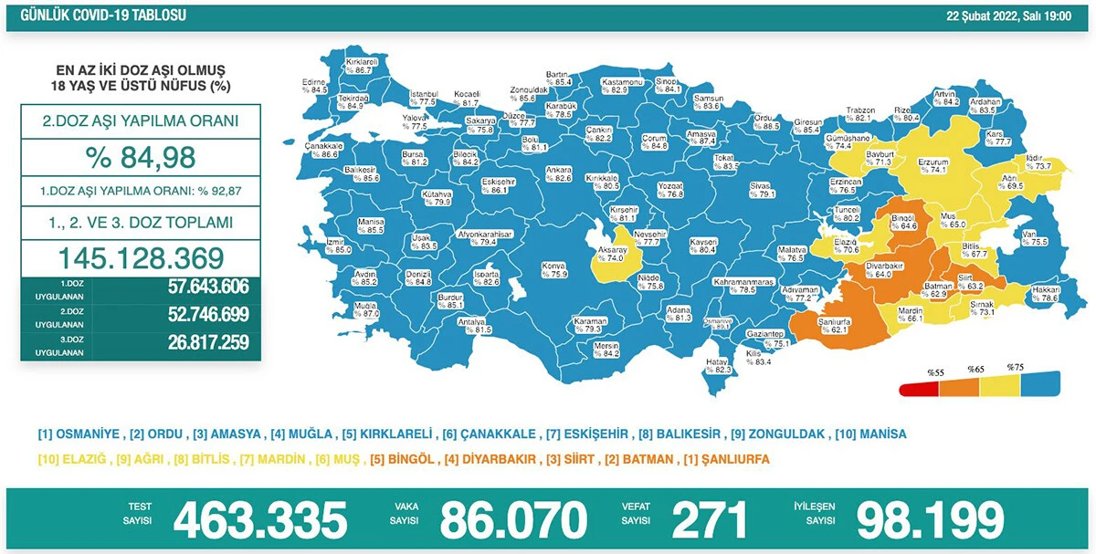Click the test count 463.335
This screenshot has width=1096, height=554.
click(x=260, y=520)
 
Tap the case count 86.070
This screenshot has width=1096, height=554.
click(x=512, y=520)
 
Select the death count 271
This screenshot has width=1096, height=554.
click(x=709, y=520)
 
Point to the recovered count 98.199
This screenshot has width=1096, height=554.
click(x=930, y=520)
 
